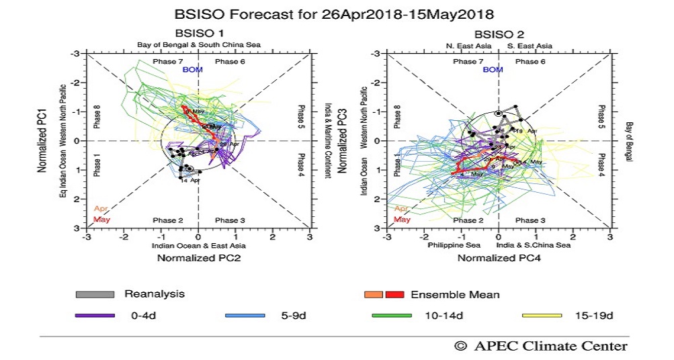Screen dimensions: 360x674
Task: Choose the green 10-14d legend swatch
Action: [391, 314]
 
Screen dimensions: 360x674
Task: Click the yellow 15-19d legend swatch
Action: [542, 314]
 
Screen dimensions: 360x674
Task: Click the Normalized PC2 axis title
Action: [199, 257]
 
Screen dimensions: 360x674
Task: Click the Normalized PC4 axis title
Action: [499, 257]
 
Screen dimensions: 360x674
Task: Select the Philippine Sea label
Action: [451, 245]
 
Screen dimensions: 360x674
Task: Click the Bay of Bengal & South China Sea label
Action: [199, 45]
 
